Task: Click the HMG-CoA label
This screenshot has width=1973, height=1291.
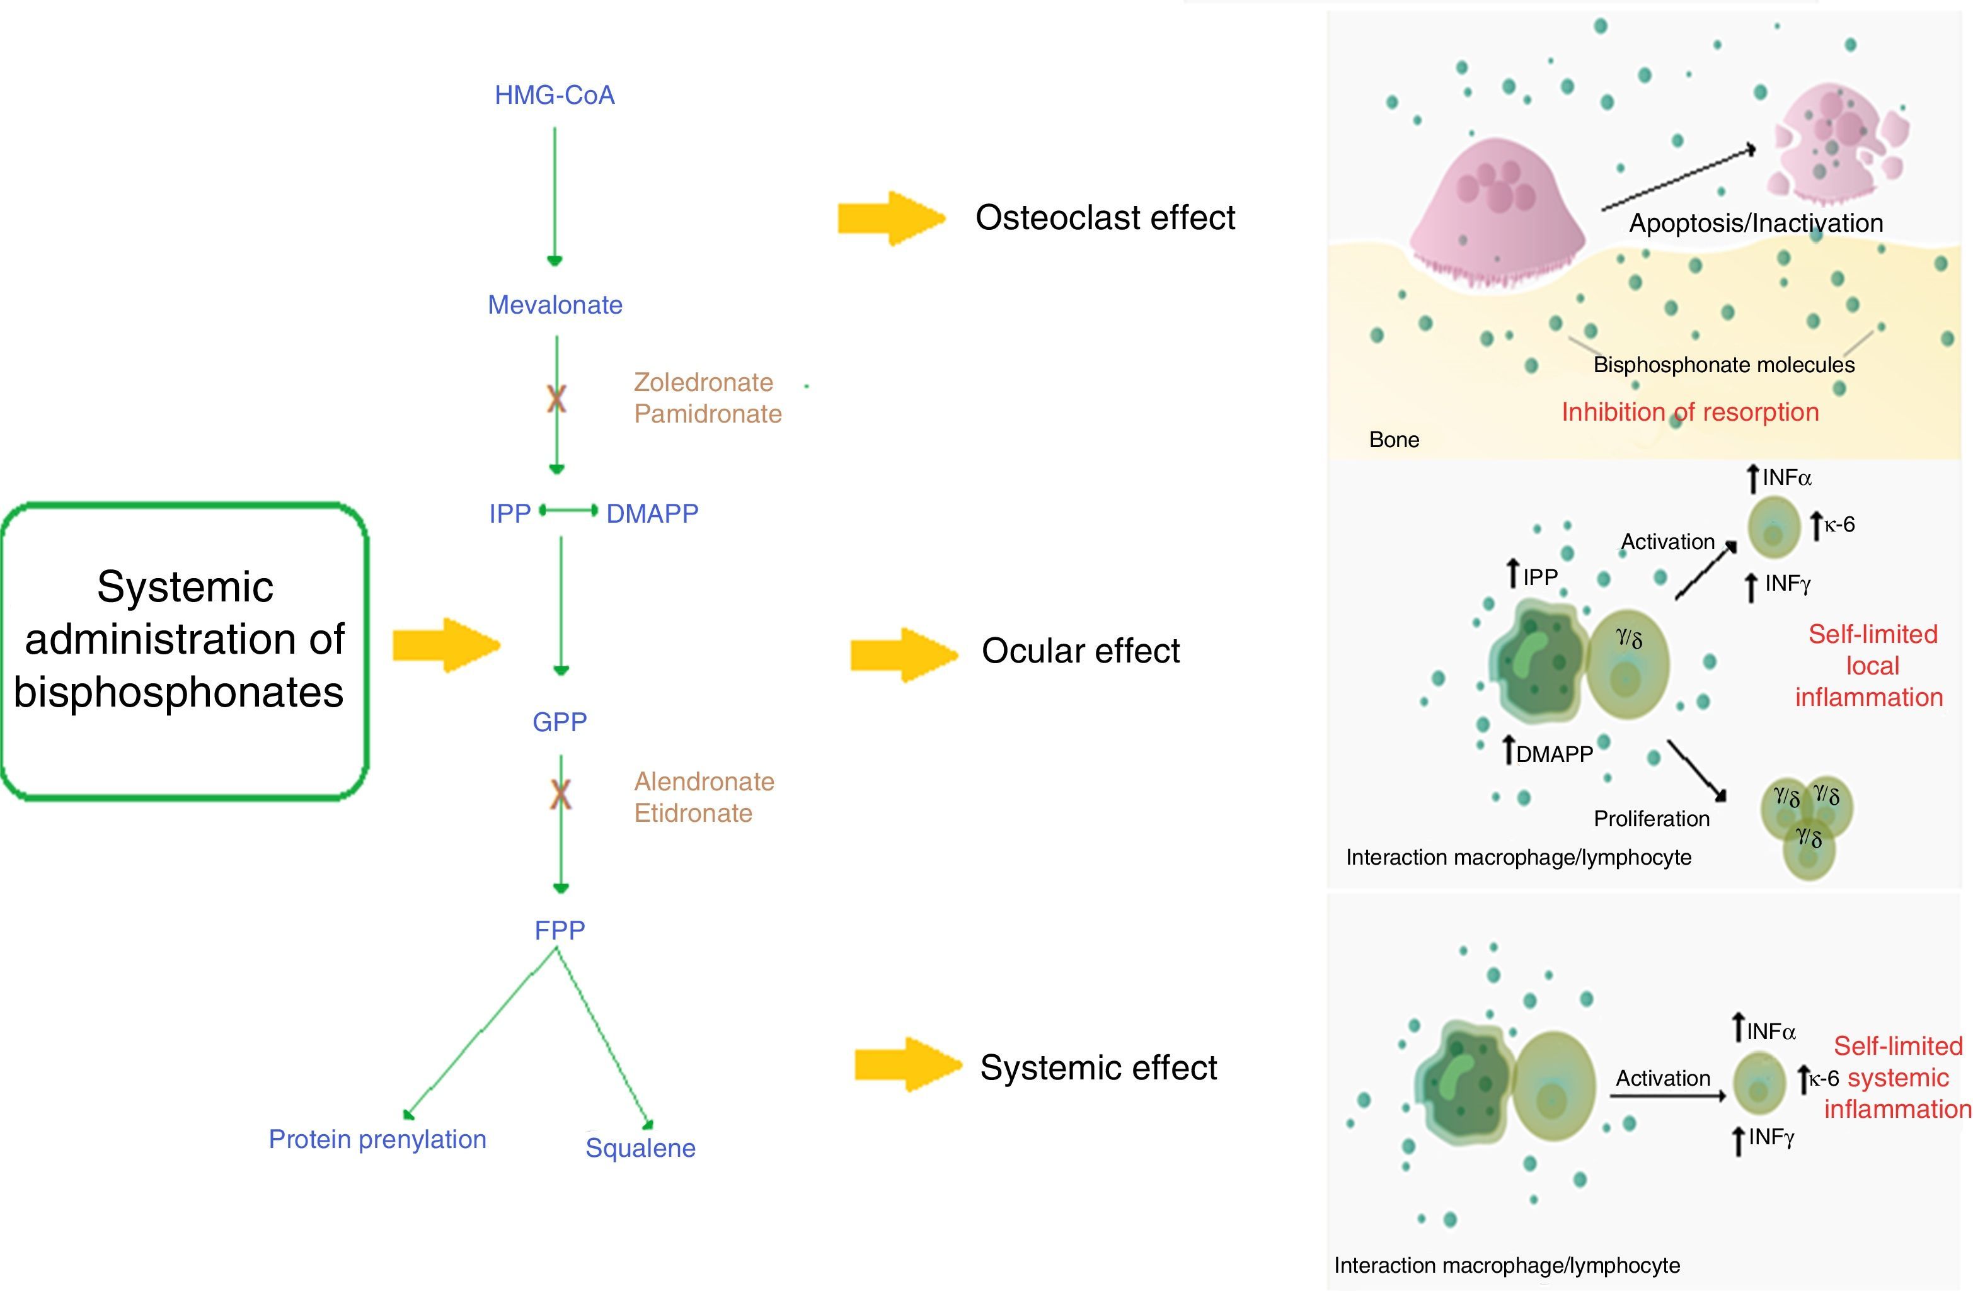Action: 555,95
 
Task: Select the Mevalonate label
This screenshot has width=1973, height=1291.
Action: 555,305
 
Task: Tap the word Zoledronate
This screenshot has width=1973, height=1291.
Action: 703,382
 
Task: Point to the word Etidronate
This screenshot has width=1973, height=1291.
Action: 693,813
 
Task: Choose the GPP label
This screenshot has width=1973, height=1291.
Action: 560,722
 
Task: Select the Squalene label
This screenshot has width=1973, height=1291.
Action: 640,1147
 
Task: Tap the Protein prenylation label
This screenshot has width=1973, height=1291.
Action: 377,1139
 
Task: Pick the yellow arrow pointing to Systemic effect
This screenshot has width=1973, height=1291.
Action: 907,1065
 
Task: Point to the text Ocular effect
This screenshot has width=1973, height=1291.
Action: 1080,651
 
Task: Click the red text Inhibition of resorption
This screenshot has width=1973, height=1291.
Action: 1689,412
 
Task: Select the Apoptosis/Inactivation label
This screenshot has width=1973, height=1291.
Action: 1756,223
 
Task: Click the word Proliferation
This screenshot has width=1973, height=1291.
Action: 1652,819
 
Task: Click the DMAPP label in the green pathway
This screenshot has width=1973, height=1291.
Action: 652,514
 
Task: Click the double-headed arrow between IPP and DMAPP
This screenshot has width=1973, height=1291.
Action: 568,511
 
